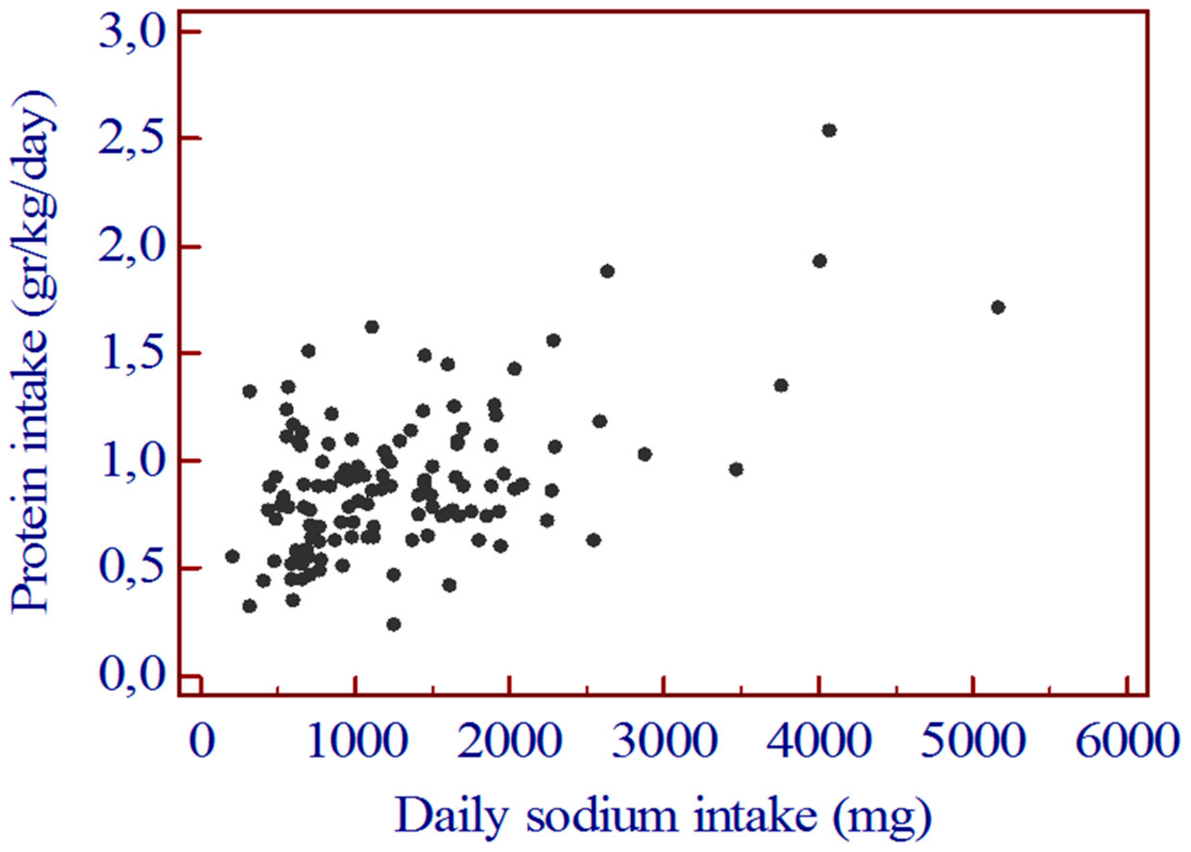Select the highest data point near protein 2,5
point(829,131)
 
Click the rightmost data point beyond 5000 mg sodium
point(998,307)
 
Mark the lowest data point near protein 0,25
point(394,624)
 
